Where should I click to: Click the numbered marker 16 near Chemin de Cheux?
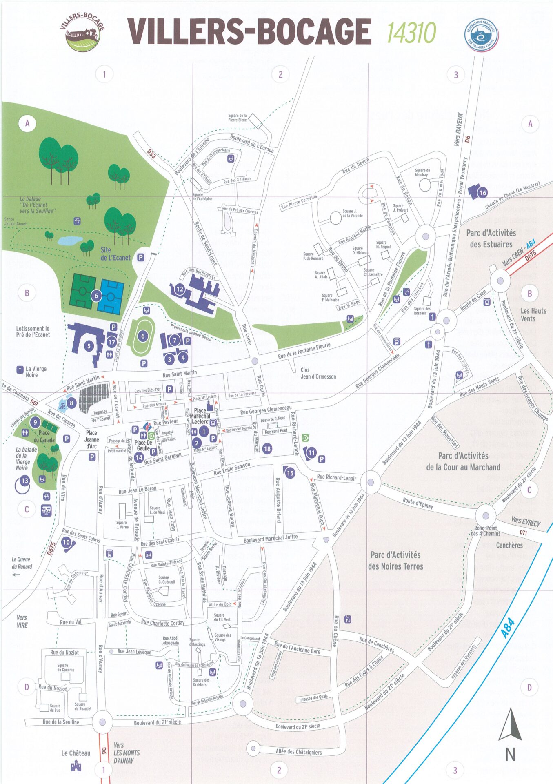tap(482, 193)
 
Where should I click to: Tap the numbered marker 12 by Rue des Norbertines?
tap(180, 289)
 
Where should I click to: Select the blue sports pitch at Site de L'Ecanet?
tap(111, 297)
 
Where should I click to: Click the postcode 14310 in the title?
tap(411, 33)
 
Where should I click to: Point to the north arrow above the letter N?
tap(510, 725)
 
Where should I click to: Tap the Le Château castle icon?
tap(76, 766)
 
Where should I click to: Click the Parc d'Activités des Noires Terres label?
tap(395, 561)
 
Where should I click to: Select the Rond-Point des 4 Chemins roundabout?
tap(486, 515)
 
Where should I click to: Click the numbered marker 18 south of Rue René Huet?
tap(267, 449)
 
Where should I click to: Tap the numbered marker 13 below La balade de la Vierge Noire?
tap(25, 481)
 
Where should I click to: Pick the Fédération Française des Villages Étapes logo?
tap(482, 35)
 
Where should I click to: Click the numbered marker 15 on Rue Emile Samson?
tap(290, 473)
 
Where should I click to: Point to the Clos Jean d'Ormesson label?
tap(318, 373)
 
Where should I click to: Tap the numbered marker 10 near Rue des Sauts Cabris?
tap(66, 542)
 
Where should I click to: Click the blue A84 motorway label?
tap(508, 629)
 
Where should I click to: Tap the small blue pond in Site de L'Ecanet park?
tap(70, 241)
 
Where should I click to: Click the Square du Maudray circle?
tap(425, 185)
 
